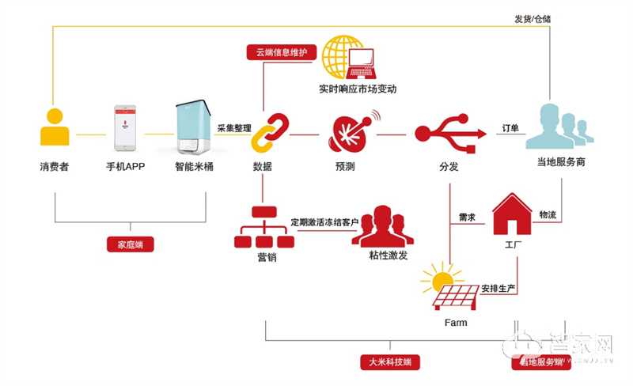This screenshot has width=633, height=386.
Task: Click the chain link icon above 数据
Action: [269, 133]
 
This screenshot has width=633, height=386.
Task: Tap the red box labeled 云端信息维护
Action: [282, 53]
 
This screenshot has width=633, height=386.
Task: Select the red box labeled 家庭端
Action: [130, 244]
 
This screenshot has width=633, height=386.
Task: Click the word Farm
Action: [455, 323]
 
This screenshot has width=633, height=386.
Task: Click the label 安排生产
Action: [498, 288]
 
